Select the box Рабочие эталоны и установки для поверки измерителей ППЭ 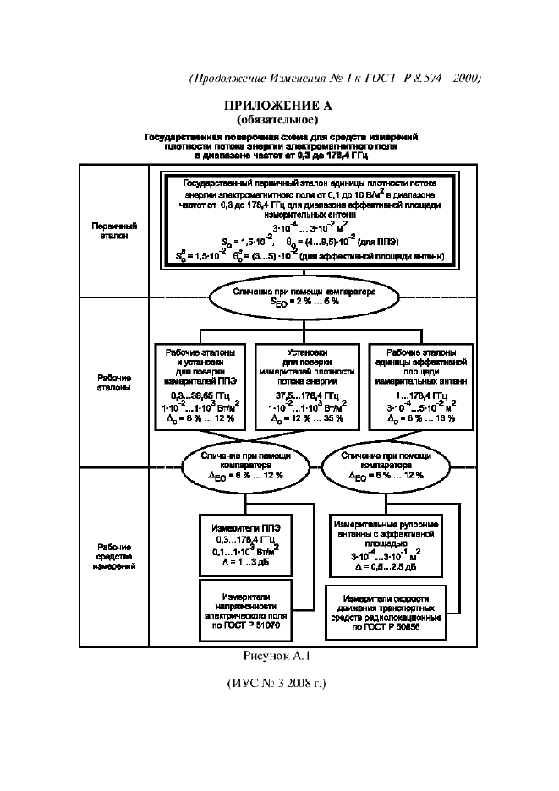tap(201, 385)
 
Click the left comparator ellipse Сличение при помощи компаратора tap(248, 465)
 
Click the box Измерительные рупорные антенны tap(386, 540)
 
